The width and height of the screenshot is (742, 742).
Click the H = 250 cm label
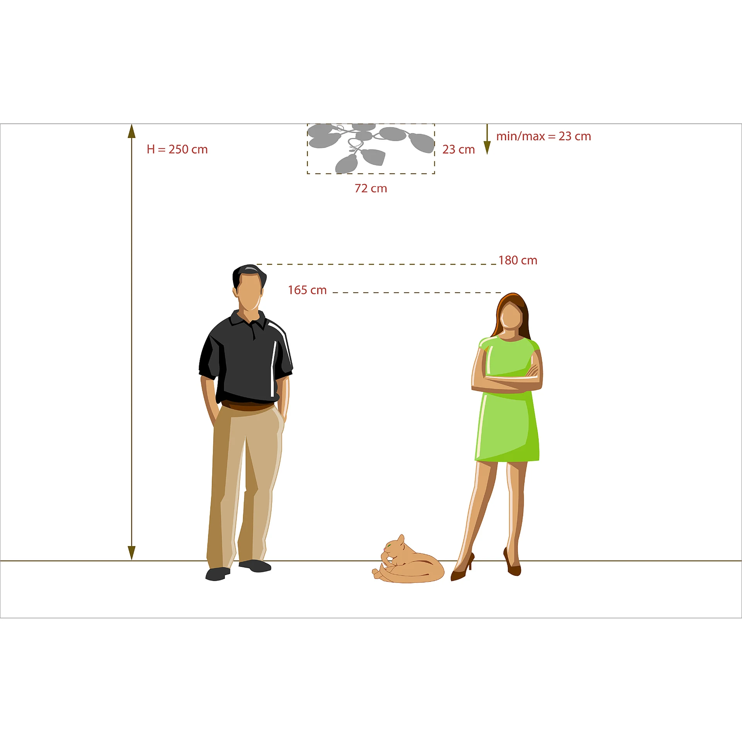click(177, 149)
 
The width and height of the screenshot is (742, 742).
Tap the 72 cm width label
click(371, 188)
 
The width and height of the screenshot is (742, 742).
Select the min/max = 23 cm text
click(543, 136)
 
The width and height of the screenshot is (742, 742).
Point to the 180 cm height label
click(518, 260)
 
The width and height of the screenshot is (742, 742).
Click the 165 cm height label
click(307, 290)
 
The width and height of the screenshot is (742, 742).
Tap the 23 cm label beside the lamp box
click(458, 149)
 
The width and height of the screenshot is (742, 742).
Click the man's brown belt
click(248, 406)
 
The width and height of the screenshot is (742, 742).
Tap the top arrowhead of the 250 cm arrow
click(132, 131)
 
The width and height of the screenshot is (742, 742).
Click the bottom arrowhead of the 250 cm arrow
click(132, 553)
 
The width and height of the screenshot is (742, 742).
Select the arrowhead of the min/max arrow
click(487, 148)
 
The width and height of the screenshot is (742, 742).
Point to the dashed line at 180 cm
click(376, 264)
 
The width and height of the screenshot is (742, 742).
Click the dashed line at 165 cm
click(417, 293)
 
